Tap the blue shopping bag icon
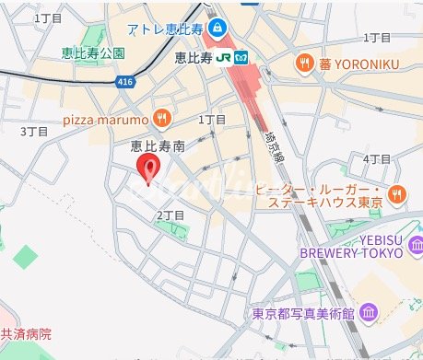(217, 27)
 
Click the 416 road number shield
(125, 82)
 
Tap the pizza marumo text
(106, 118)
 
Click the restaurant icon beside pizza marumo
(162, 117)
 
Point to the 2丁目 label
(171, 215)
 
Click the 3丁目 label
(33, 132)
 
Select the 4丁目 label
(378, 159)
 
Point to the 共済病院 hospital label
(26, 334)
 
